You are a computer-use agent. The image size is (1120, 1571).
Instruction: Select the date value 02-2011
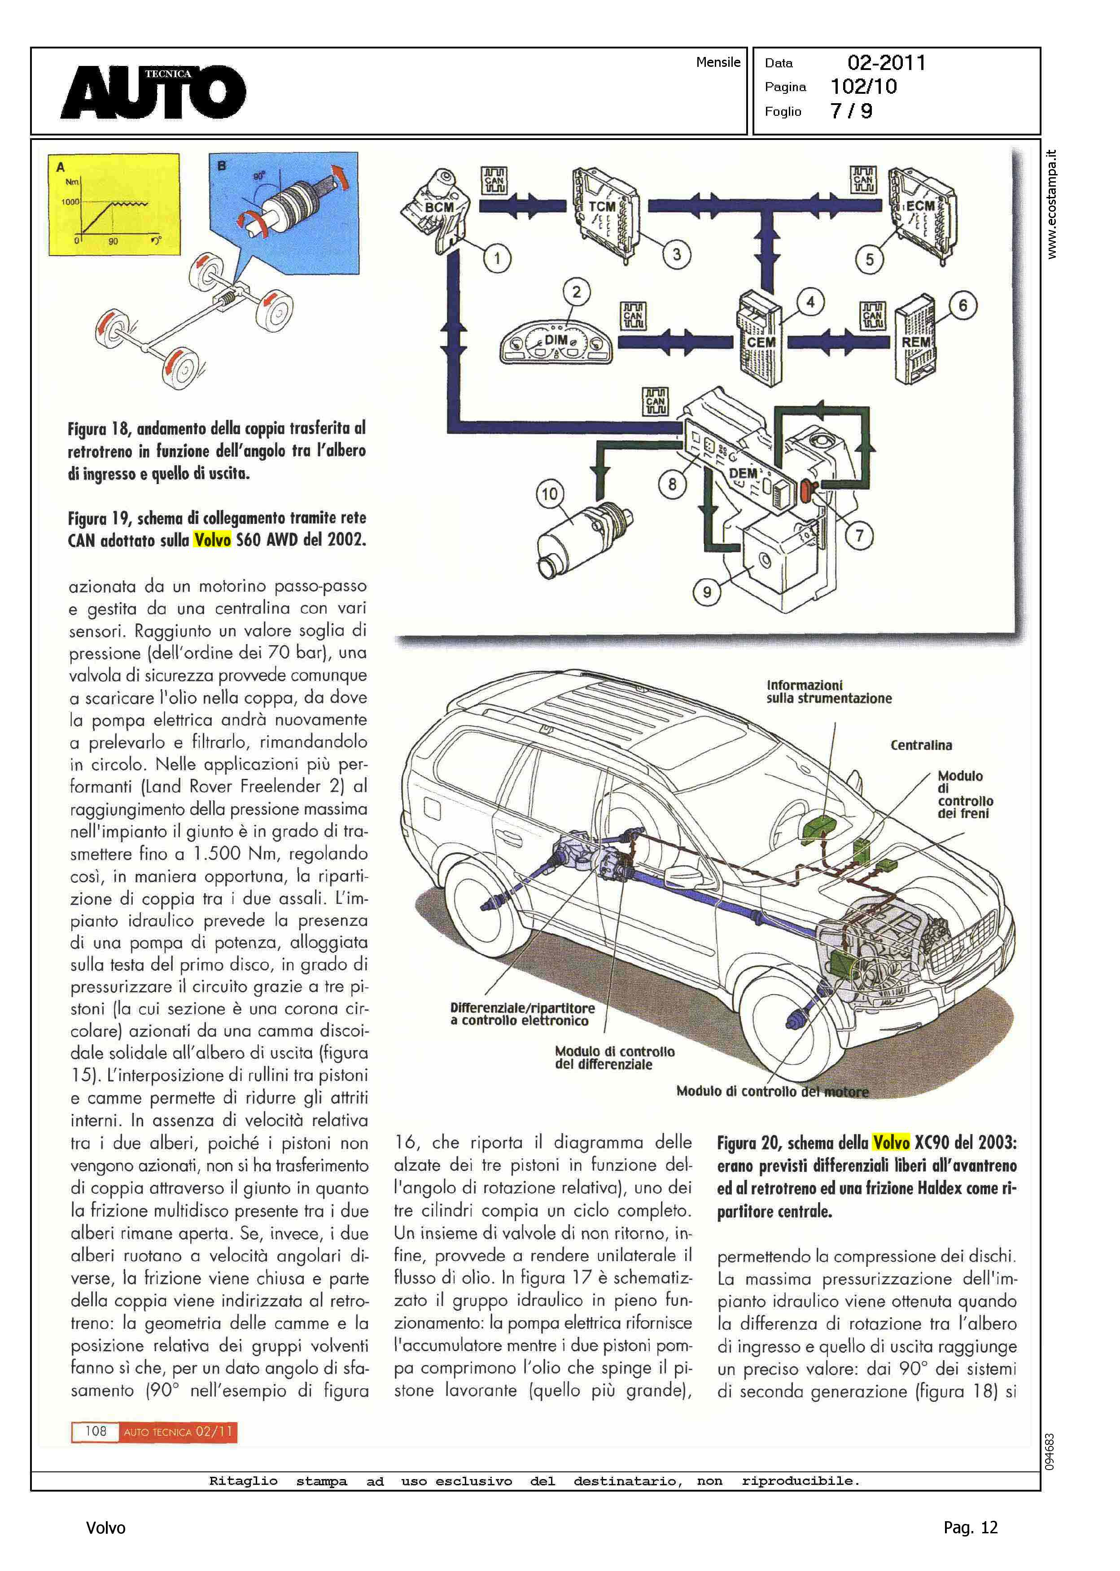[886, 63]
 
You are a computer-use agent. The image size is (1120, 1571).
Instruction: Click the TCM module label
[601, 207]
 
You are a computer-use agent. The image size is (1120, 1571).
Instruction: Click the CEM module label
[761, 342]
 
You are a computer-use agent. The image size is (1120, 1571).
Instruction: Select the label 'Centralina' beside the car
[921, 745]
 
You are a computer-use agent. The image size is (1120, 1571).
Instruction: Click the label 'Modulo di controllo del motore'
[772, 1091]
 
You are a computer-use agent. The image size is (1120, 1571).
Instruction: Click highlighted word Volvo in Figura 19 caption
[212, 540]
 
